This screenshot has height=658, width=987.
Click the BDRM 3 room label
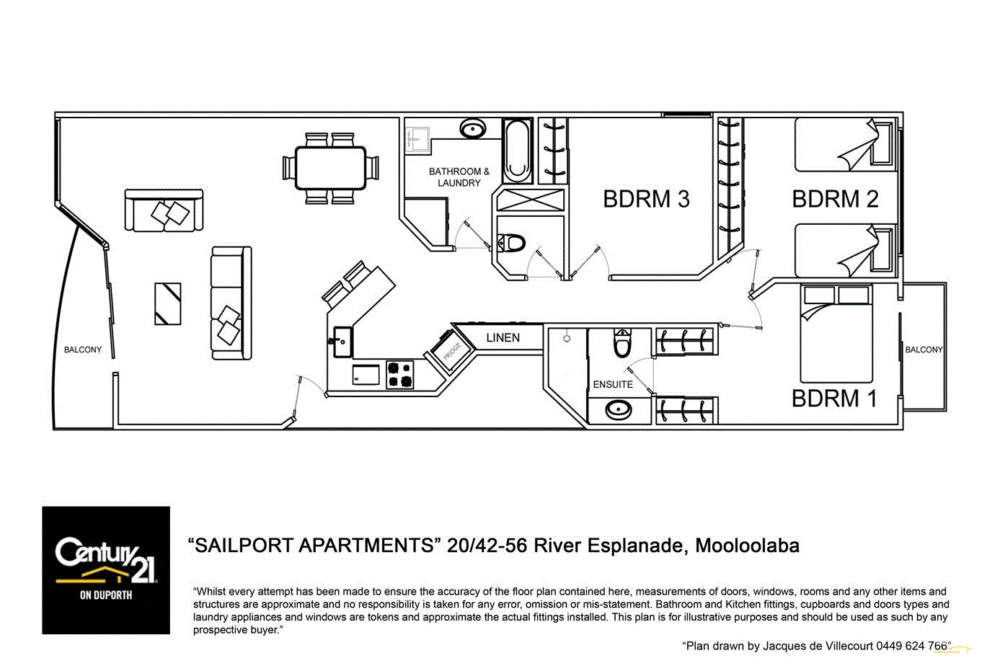pos(646,199)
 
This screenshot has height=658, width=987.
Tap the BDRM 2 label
pos(835,199)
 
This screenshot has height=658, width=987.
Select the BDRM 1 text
pos(834,398)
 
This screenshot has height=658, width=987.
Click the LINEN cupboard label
pos(503,337)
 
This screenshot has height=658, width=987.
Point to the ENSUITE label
pos(613,384)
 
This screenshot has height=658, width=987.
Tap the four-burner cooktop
pos(400,375)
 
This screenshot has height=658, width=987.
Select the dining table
pos(331,168)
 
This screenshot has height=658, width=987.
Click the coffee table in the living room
pos(168,303)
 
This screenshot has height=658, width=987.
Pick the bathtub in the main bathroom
pos(517,151)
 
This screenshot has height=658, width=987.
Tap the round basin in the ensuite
pos(619,410)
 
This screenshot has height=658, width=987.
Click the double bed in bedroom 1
pos(836,335)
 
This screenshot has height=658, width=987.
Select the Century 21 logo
pos(106,570)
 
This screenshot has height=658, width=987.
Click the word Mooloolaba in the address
pos(747,546)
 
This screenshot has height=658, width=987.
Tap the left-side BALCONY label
pos(83,350)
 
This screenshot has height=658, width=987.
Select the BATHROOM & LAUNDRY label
pos(459,177)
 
